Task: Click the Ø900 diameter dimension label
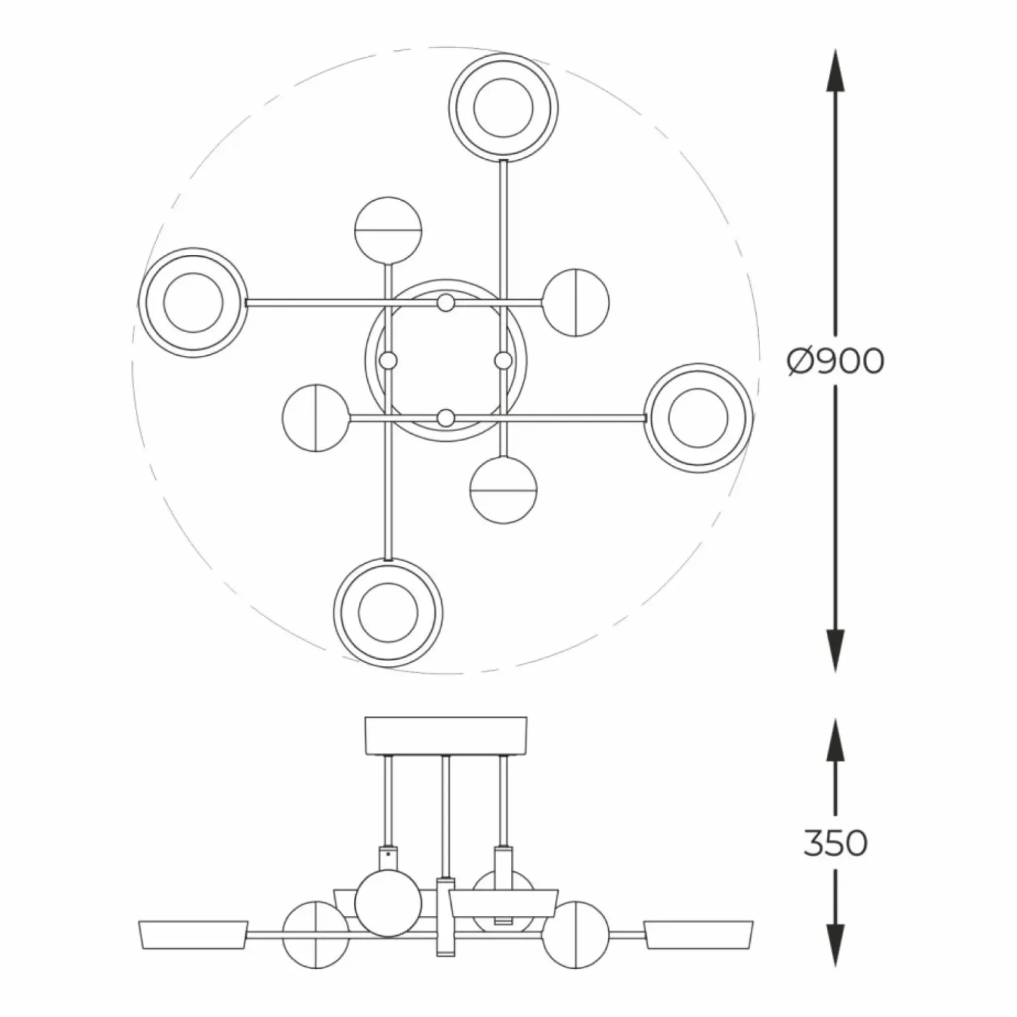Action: click(x=835, y=361)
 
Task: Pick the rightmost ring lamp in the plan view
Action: click(x=699, y=417)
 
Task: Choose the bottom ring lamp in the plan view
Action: click(x=388, y=612)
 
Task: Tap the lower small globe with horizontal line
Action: click(x=503, y=490)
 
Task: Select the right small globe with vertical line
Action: click(x=576, y=302)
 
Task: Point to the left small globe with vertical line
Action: click(x=316, y=417)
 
